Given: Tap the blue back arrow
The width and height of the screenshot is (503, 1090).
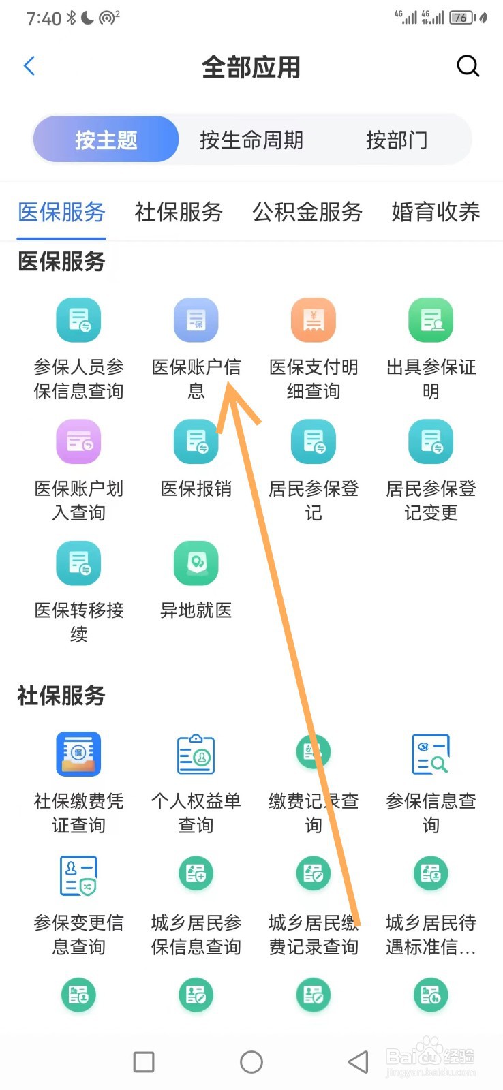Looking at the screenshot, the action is (29, 66).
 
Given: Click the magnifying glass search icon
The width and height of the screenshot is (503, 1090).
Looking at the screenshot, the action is (468, 66).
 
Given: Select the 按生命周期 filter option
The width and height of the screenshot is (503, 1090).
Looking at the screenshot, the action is (251, 140).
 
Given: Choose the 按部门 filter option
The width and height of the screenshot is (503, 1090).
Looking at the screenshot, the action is (397, 140).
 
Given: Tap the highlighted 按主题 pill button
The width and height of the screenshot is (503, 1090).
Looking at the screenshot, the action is (106, 140).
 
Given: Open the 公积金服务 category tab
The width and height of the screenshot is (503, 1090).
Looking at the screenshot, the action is (307, 212).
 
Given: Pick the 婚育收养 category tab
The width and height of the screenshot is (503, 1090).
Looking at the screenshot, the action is (436, 212).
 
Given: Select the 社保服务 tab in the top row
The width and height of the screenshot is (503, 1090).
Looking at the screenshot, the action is (179, 212).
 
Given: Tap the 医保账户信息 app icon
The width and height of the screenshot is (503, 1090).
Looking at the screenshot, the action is (196, 320).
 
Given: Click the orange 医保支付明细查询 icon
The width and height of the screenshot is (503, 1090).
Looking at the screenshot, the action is (314, 320).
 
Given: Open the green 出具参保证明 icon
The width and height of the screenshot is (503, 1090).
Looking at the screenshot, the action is (431, 320).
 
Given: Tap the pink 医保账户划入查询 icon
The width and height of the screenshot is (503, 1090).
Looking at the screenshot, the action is (78, 442).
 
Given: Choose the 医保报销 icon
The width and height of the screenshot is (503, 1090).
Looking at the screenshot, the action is (196, 442).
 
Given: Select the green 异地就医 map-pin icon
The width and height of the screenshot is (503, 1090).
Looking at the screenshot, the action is (196, 563).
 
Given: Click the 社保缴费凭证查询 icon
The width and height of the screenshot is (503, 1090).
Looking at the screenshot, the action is (78, 754).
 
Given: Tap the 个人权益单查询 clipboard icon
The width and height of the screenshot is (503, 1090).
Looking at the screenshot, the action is (196, 754).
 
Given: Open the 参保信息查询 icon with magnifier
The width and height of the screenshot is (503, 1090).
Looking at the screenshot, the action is (431, 754).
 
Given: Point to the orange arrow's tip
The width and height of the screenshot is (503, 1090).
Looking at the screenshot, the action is (229, 385).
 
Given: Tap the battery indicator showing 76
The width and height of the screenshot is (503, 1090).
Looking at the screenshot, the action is (461, 18).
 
